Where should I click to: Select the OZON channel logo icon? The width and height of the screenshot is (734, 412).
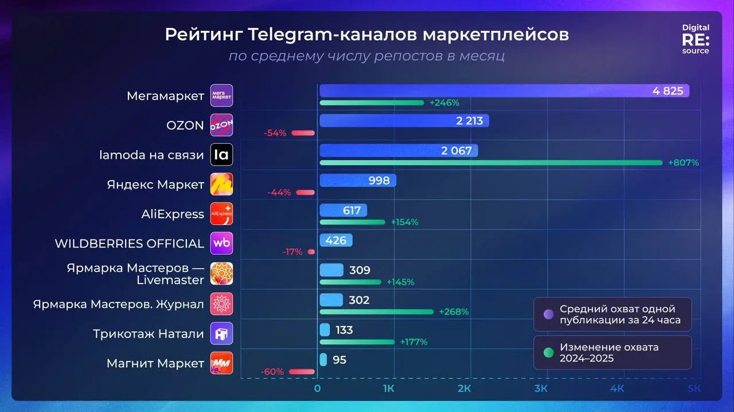(x=221, y=125)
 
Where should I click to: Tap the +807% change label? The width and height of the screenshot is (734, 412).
(x=683, y=163)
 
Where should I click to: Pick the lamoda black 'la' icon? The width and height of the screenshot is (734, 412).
(x=221, y=154)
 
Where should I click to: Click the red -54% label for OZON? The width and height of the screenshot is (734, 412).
(x=275, y=133)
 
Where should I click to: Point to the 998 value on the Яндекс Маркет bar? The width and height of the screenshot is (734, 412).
(x=379, y=181)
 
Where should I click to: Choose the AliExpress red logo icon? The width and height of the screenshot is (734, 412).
(x=221, y=214)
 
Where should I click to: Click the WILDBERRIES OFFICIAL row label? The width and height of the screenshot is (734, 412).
(x=129, y=244)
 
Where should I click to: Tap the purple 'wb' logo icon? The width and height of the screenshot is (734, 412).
(x=221, y=244)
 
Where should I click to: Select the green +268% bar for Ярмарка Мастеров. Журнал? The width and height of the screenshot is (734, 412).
(x=376, y=312)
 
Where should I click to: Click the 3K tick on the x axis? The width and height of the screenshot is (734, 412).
(x=540, y=390)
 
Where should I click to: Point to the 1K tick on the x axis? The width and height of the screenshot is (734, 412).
(x=388, y=390)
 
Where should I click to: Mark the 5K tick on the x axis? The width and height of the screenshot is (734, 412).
(x=694, y=390)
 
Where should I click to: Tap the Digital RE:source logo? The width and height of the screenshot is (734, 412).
(x=695, y=39)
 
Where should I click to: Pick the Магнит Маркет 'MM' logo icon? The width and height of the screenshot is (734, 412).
(x=221, y=363)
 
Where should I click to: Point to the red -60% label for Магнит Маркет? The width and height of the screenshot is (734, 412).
(x=272, y=372)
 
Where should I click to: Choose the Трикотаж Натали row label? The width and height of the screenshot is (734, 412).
(x=149, y=333)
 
